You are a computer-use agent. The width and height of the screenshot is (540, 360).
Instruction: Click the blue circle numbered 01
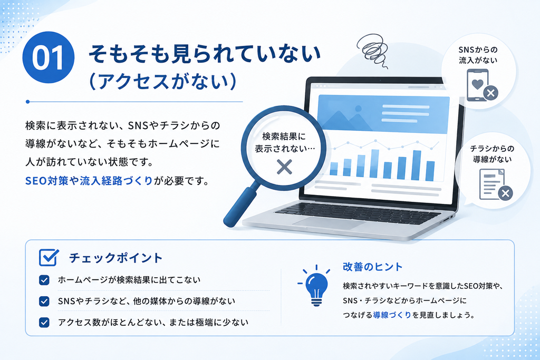[48, 57]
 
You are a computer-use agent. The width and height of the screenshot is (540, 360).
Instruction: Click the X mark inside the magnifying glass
[284, 167]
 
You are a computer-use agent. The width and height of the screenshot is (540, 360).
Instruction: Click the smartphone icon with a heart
[478, 85]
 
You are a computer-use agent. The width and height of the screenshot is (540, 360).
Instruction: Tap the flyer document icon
[492, 184]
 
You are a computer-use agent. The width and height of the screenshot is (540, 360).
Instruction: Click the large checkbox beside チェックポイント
[49, 257]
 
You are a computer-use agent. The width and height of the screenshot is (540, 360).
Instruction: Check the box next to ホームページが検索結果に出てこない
[44, 280]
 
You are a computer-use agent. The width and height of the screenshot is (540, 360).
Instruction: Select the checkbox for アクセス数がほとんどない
[44, 323]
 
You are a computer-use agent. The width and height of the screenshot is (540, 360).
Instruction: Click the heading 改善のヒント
[373, 267]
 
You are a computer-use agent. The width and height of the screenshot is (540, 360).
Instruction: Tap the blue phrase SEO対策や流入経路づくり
[89, 181]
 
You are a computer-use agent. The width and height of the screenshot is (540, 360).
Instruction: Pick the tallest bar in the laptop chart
[417, 165]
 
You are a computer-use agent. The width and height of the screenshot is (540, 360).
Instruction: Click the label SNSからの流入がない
[478, 55]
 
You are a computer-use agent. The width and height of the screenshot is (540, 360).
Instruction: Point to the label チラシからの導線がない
[492, 154]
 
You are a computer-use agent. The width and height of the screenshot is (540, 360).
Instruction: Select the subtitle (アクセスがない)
[162, 82]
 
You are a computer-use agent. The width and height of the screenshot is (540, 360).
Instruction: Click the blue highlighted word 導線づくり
[392, 315]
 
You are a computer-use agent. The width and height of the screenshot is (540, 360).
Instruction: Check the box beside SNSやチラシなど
[44, 301]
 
